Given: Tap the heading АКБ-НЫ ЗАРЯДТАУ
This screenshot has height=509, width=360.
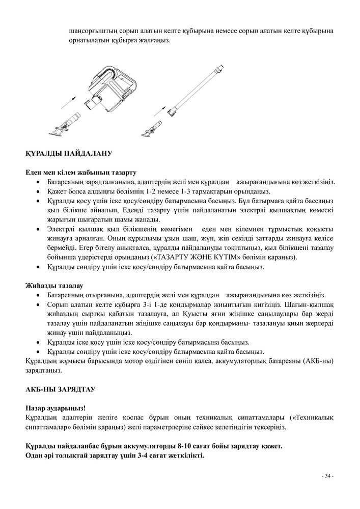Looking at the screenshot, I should pyautogui.click(x=60, y=389).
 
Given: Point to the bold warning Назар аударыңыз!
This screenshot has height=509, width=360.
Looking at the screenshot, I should pyautogui.click(x=56, y=408).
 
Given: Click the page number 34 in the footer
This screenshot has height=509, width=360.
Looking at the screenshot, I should pyautogui.click(x=327, y=476).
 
